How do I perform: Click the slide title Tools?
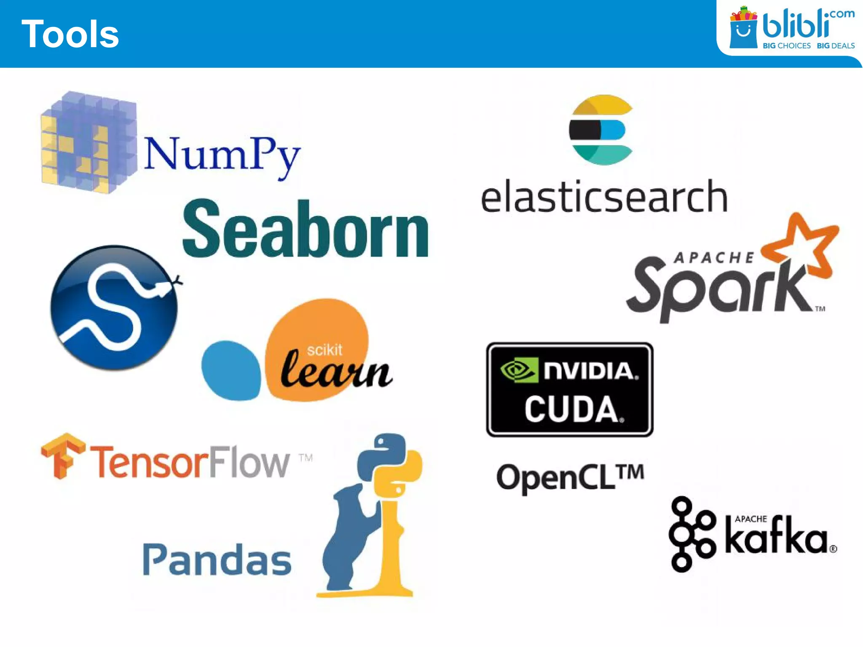(x=70, y=34)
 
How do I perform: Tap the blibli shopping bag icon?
(x=743, y=29)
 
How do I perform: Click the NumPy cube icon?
(x=89, y=142)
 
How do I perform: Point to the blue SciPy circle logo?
(x=114, y=308)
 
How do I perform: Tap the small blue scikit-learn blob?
(x=231, y=370)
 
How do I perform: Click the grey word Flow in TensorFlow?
(x=249, y=462)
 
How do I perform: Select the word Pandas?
(x=217, y=560)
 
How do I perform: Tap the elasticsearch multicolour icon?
(x=602, y=130)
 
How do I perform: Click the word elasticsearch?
(x=604, y=197)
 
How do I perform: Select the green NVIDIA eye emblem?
(x=519, y=370)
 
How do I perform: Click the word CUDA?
(x=572, y=409)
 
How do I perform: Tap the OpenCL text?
(x=570, y=477)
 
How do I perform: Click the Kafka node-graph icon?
(x=691, y=534)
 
